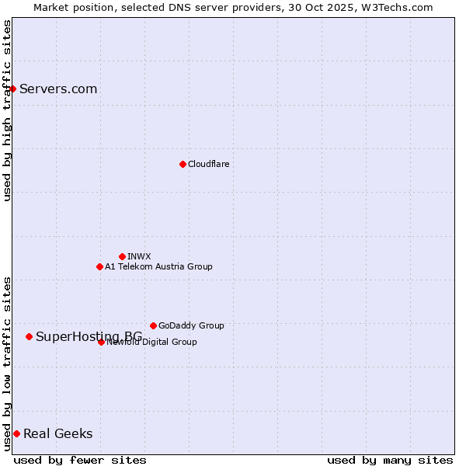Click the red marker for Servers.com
coord(12,89)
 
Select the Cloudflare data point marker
coord(183,164)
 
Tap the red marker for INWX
coord(122,256)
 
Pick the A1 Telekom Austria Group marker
coord(99,266)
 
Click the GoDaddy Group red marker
coord(153,325)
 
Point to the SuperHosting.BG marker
coord(29,336)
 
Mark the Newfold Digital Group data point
coord(101,342)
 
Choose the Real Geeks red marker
coord(16,433)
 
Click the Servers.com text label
coord(58,89)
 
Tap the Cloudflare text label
coord(208,164)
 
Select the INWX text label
coord(139,256)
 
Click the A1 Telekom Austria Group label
coord(158,266)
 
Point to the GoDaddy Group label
coord(191,325)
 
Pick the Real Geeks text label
coord(57,433)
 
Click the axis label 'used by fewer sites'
coord(80,460)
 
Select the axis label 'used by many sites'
coord(390,460)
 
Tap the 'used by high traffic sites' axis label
coord(7,110)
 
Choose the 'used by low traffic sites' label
coord(7,363)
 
